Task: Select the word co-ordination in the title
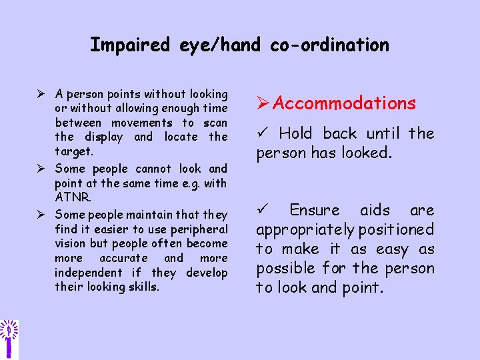(329, 45)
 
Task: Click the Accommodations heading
(344, 103)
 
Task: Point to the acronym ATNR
(72, 197)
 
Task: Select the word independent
(89, 273)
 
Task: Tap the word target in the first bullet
(73, 151)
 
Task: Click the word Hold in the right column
(295, 134)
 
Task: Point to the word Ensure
(315, 211)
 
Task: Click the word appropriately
(305, 230)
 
